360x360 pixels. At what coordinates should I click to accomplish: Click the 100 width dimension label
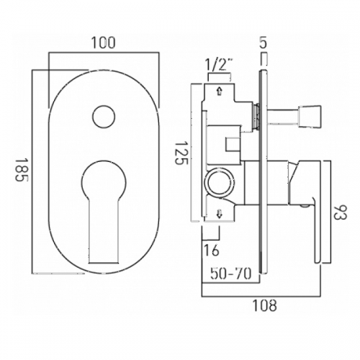[x=104, y=42]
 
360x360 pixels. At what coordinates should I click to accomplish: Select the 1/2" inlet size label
[x=220, y=64]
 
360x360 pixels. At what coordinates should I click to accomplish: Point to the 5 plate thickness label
[x=264, y=42]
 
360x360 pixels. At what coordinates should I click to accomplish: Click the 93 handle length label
[x=341, y=212]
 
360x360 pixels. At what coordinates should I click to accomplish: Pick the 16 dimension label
[x=212, y=251]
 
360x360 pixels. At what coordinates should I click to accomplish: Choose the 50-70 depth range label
[x=231, y=274]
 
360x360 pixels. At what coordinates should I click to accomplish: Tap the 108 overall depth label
[x=264, y=305]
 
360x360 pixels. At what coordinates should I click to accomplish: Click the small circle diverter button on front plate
[x=104, y=117]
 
